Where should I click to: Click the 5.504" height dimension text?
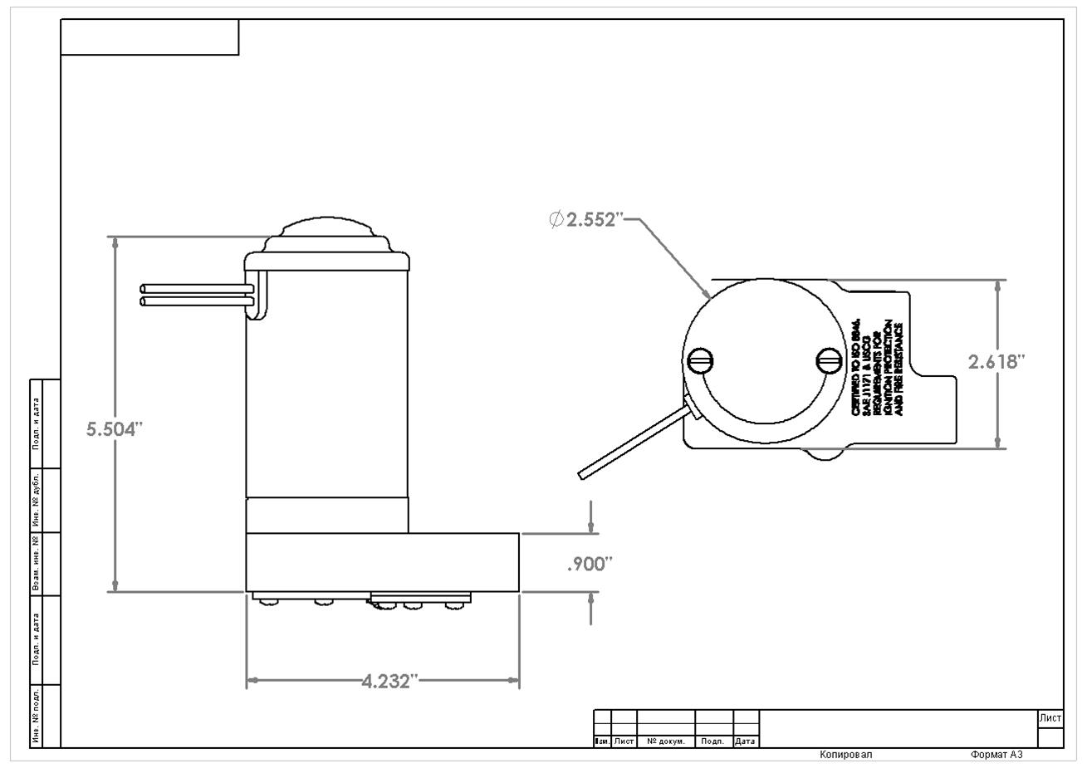point(115,429)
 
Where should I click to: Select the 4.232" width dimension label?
point(387,682)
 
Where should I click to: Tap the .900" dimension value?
point(589,565)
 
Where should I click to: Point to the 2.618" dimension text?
point(996,362)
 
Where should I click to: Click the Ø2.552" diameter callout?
point(585,219)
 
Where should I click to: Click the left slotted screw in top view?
point(701,360)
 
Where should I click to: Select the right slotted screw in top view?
point(829,360)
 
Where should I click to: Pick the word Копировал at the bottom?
point(845,755)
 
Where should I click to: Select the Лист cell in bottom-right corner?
point(1050,718)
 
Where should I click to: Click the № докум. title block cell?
point(665,741)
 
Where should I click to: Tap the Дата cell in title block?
point(746,741)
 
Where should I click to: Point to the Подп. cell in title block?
point(713,741)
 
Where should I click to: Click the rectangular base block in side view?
point(382,562)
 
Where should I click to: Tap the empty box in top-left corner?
point(149,37)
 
